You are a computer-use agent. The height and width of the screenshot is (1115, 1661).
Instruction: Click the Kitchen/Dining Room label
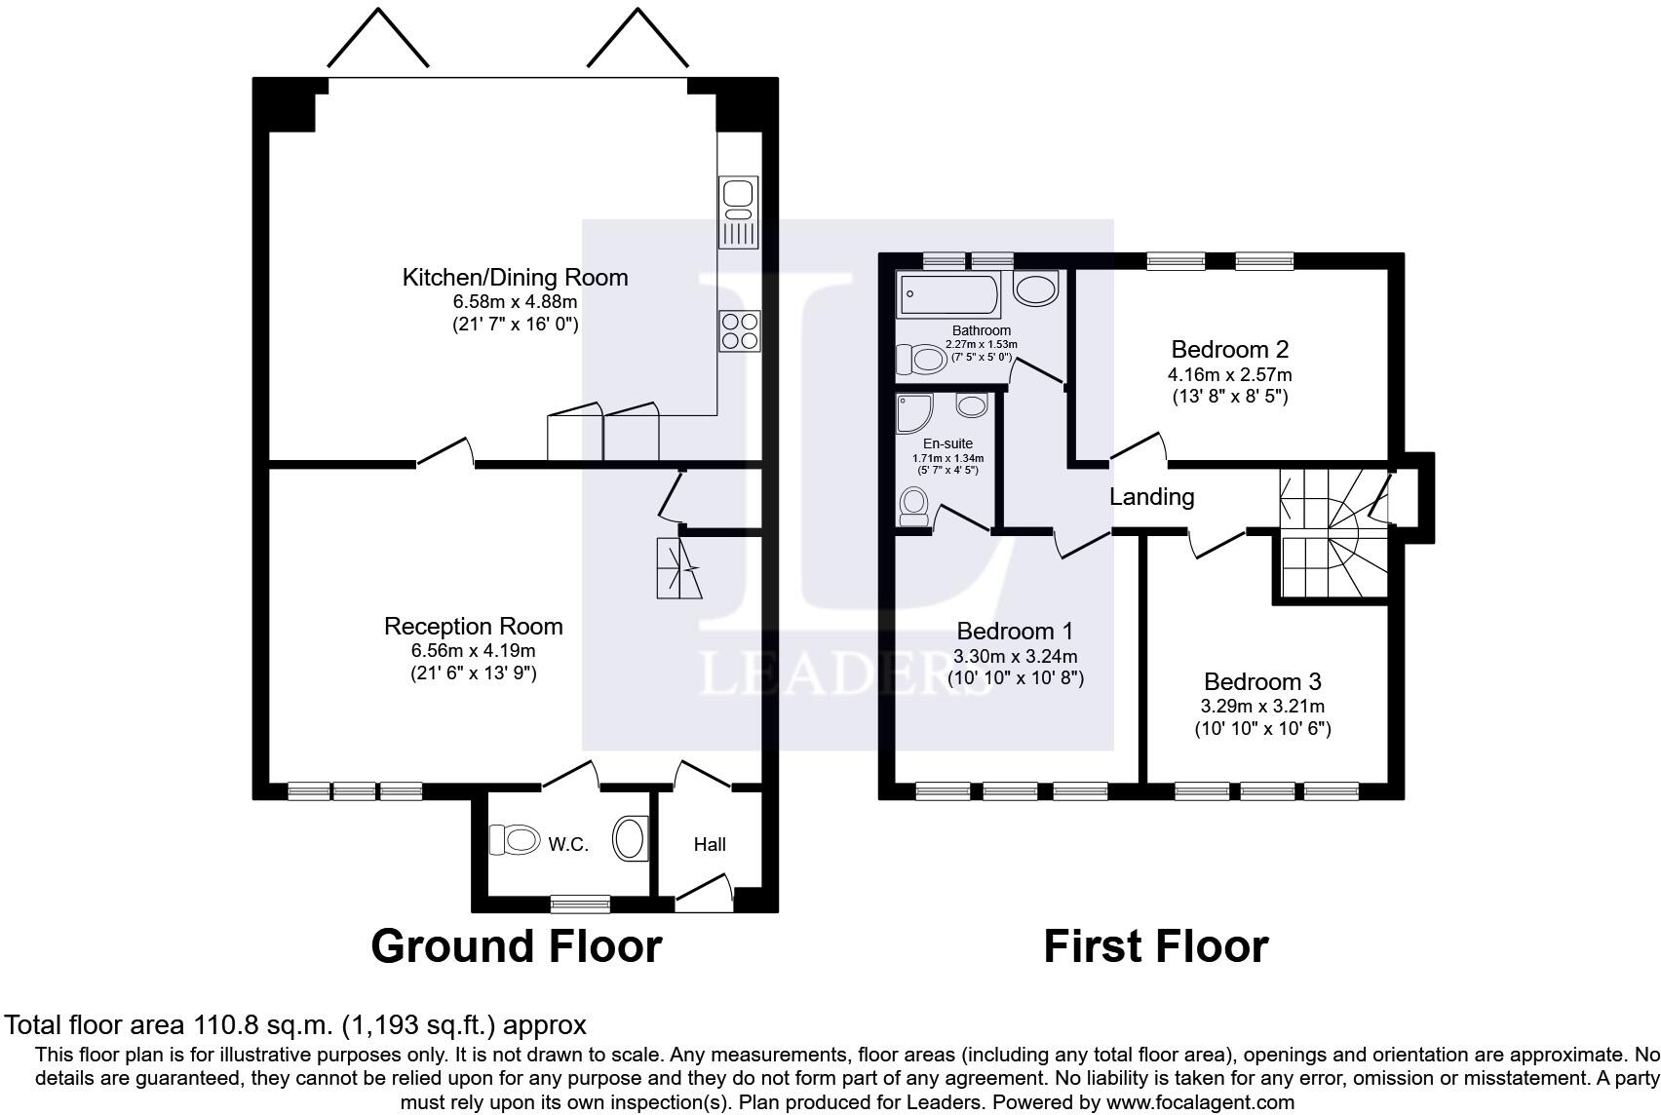tap(515, 278)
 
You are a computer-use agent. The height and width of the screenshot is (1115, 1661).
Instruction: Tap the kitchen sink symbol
tap(738, 211)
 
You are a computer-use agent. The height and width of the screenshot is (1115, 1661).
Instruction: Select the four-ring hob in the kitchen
tap(739, 330)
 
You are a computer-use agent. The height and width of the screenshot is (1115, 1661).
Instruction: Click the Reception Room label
tap(473, 627)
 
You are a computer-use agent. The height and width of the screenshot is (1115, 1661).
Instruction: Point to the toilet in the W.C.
tap(515, 839)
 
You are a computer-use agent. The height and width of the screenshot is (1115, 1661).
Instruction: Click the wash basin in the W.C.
tap(631, 839)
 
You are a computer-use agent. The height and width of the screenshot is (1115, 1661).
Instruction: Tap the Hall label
tap(710, 845)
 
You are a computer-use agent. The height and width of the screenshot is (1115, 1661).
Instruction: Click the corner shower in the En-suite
tap(914, 414)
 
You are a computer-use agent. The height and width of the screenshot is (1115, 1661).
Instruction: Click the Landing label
tap(1151, 497)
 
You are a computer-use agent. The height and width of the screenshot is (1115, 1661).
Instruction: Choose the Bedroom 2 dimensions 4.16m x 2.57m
tap(1229, 375)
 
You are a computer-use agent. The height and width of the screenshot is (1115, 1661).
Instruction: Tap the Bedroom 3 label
tap(1263, 682)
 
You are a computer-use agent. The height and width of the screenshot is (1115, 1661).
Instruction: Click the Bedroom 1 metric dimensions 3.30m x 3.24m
tap(1016, 658)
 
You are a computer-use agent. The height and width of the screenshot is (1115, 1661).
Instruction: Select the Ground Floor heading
tap(516, 946)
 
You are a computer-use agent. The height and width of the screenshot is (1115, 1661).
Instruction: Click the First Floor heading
tap(1155, 946)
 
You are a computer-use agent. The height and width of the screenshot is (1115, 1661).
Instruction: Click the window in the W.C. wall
tap(580, 904)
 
